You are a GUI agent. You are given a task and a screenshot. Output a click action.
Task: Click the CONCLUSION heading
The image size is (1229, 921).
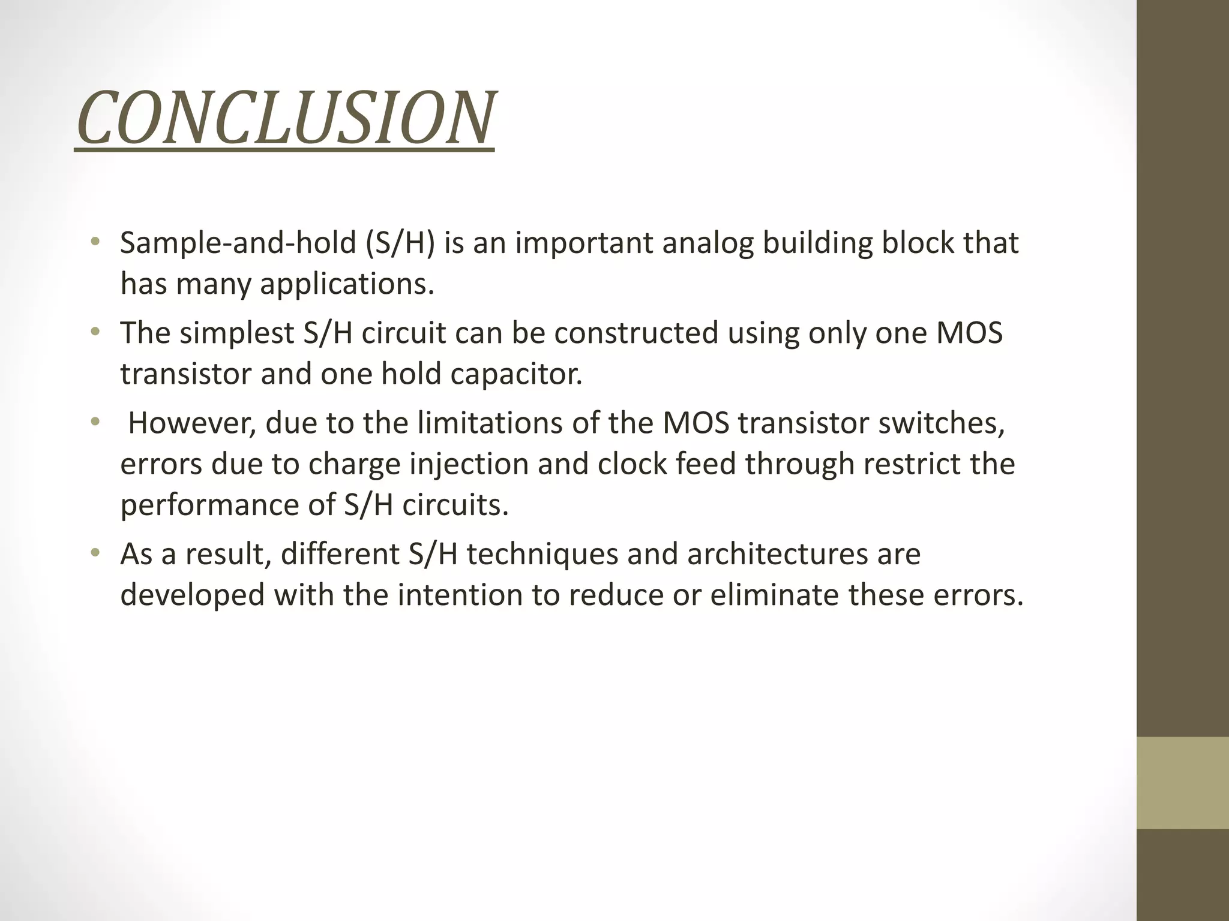pyautogui.click(x=285, y=118)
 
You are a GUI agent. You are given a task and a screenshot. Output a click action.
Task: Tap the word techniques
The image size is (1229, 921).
pyautogui.click(x=542, y=553)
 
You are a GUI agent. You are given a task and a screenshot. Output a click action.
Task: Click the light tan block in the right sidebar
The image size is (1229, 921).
pyautogui.click(x=1182, y=782)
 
